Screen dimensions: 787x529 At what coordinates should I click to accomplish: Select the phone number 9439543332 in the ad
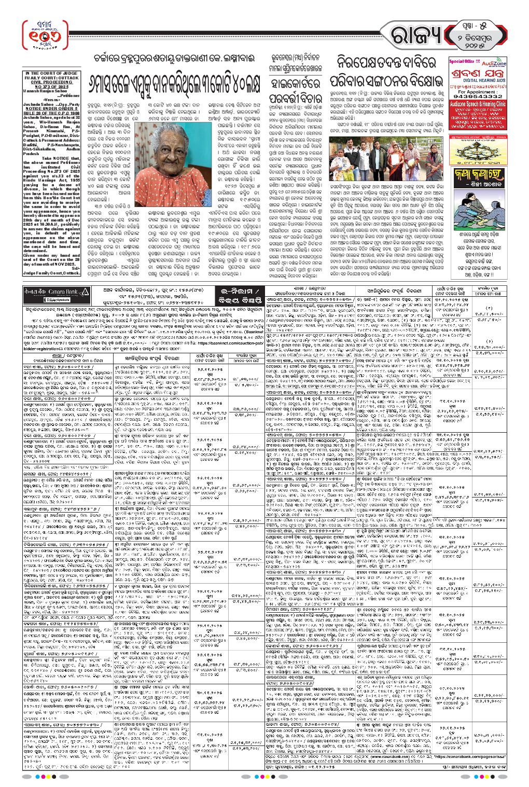click(478, 96)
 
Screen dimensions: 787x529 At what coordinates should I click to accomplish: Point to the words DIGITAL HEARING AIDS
click(477, 81)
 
